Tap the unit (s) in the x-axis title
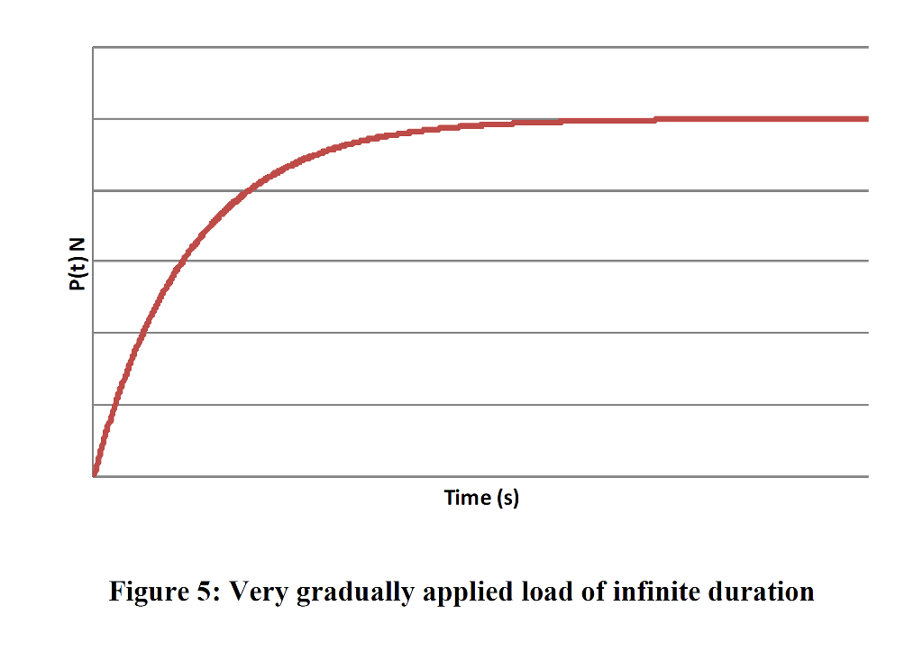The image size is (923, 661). click(508, 498)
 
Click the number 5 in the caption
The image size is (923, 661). click(210, 592)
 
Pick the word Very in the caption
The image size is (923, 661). click(257, 592)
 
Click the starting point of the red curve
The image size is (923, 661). click(94, 474)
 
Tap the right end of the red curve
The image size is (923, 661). click(867, 119)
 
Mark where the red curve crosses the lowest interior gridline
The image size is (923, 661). click(114, 405)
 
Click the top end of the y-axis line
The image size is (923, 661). click(93, 47)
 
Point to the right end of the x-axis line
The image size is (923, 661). click(868, 476)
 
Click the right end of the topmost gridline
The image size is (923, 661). click(868, 47)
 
